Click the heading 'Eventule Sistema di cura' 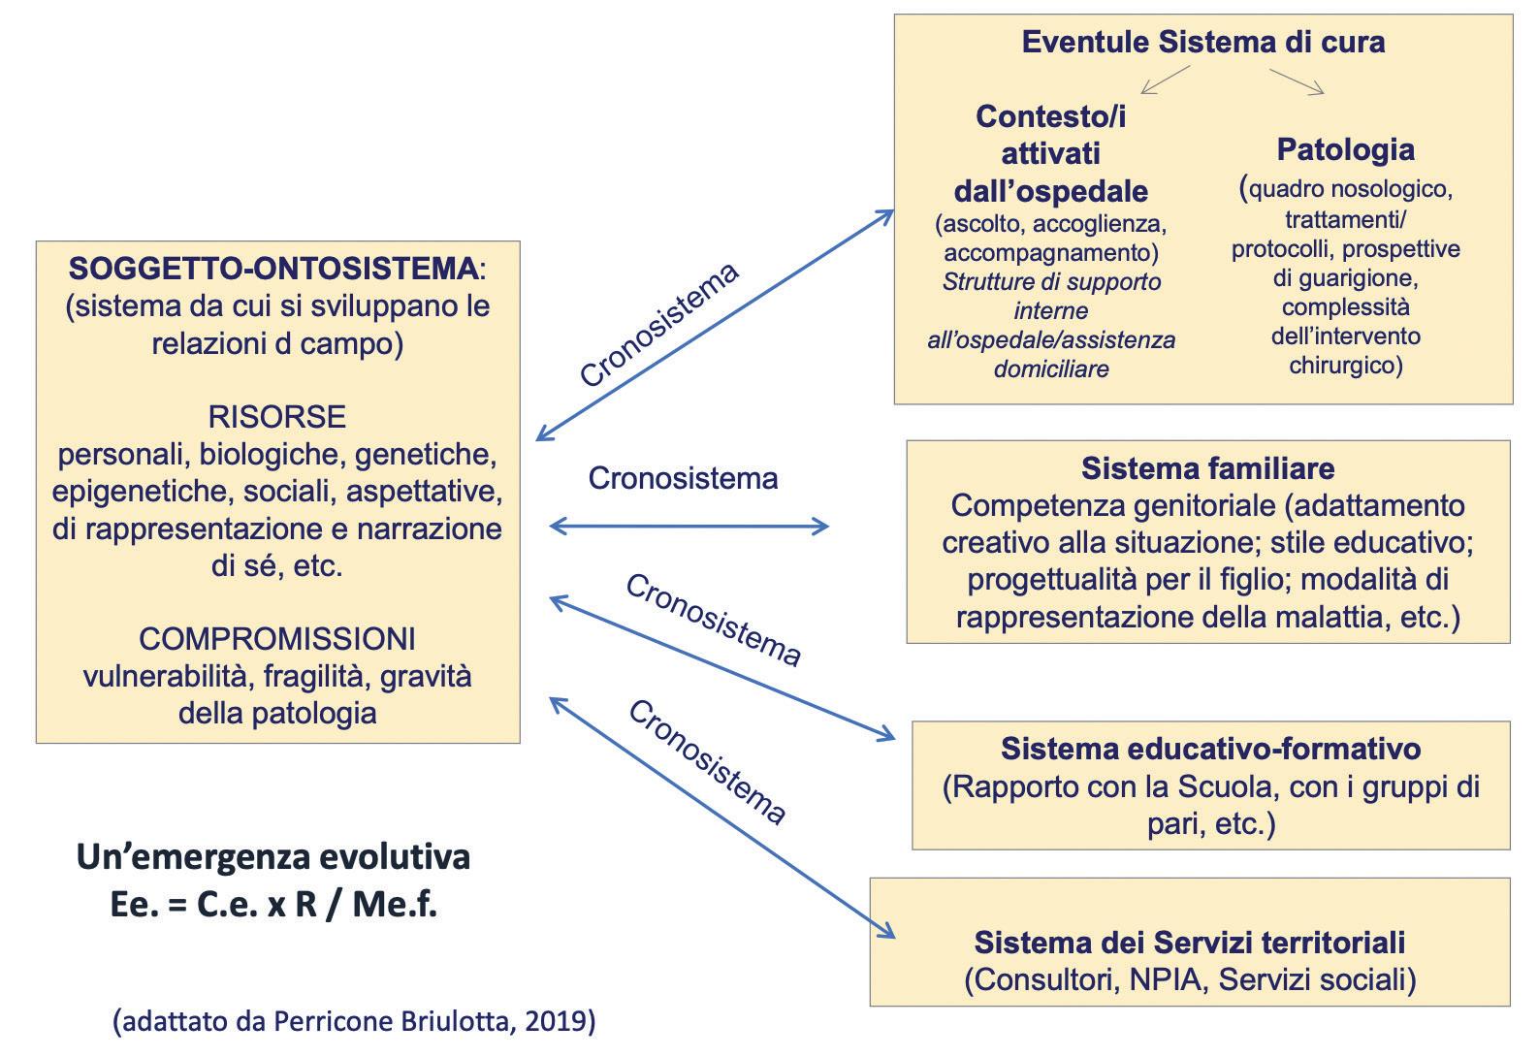tap(1202, 43)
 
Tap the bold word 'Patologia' tap(1345, 149)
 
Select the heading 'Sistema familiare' tap(1207, 469)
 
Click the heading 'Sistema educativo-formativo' tap(1210, 750)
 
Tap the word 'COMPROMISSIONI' tap(277, 639)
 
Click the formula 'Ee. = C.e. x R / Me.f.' tap(273, 905)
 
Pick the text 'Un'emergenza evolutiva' tap(273, 857)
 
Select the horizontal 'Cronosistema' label tap(683, 479)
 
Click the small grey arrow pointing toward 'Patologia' tap(1298, 81)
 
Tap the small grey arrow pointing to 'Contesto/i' tap(1164, 80)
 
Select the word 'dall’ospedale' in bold tap(1051, 190)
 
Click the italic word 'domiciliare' tap(1051, 369)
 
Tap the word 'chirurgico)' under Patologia tap(1345, 366)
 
